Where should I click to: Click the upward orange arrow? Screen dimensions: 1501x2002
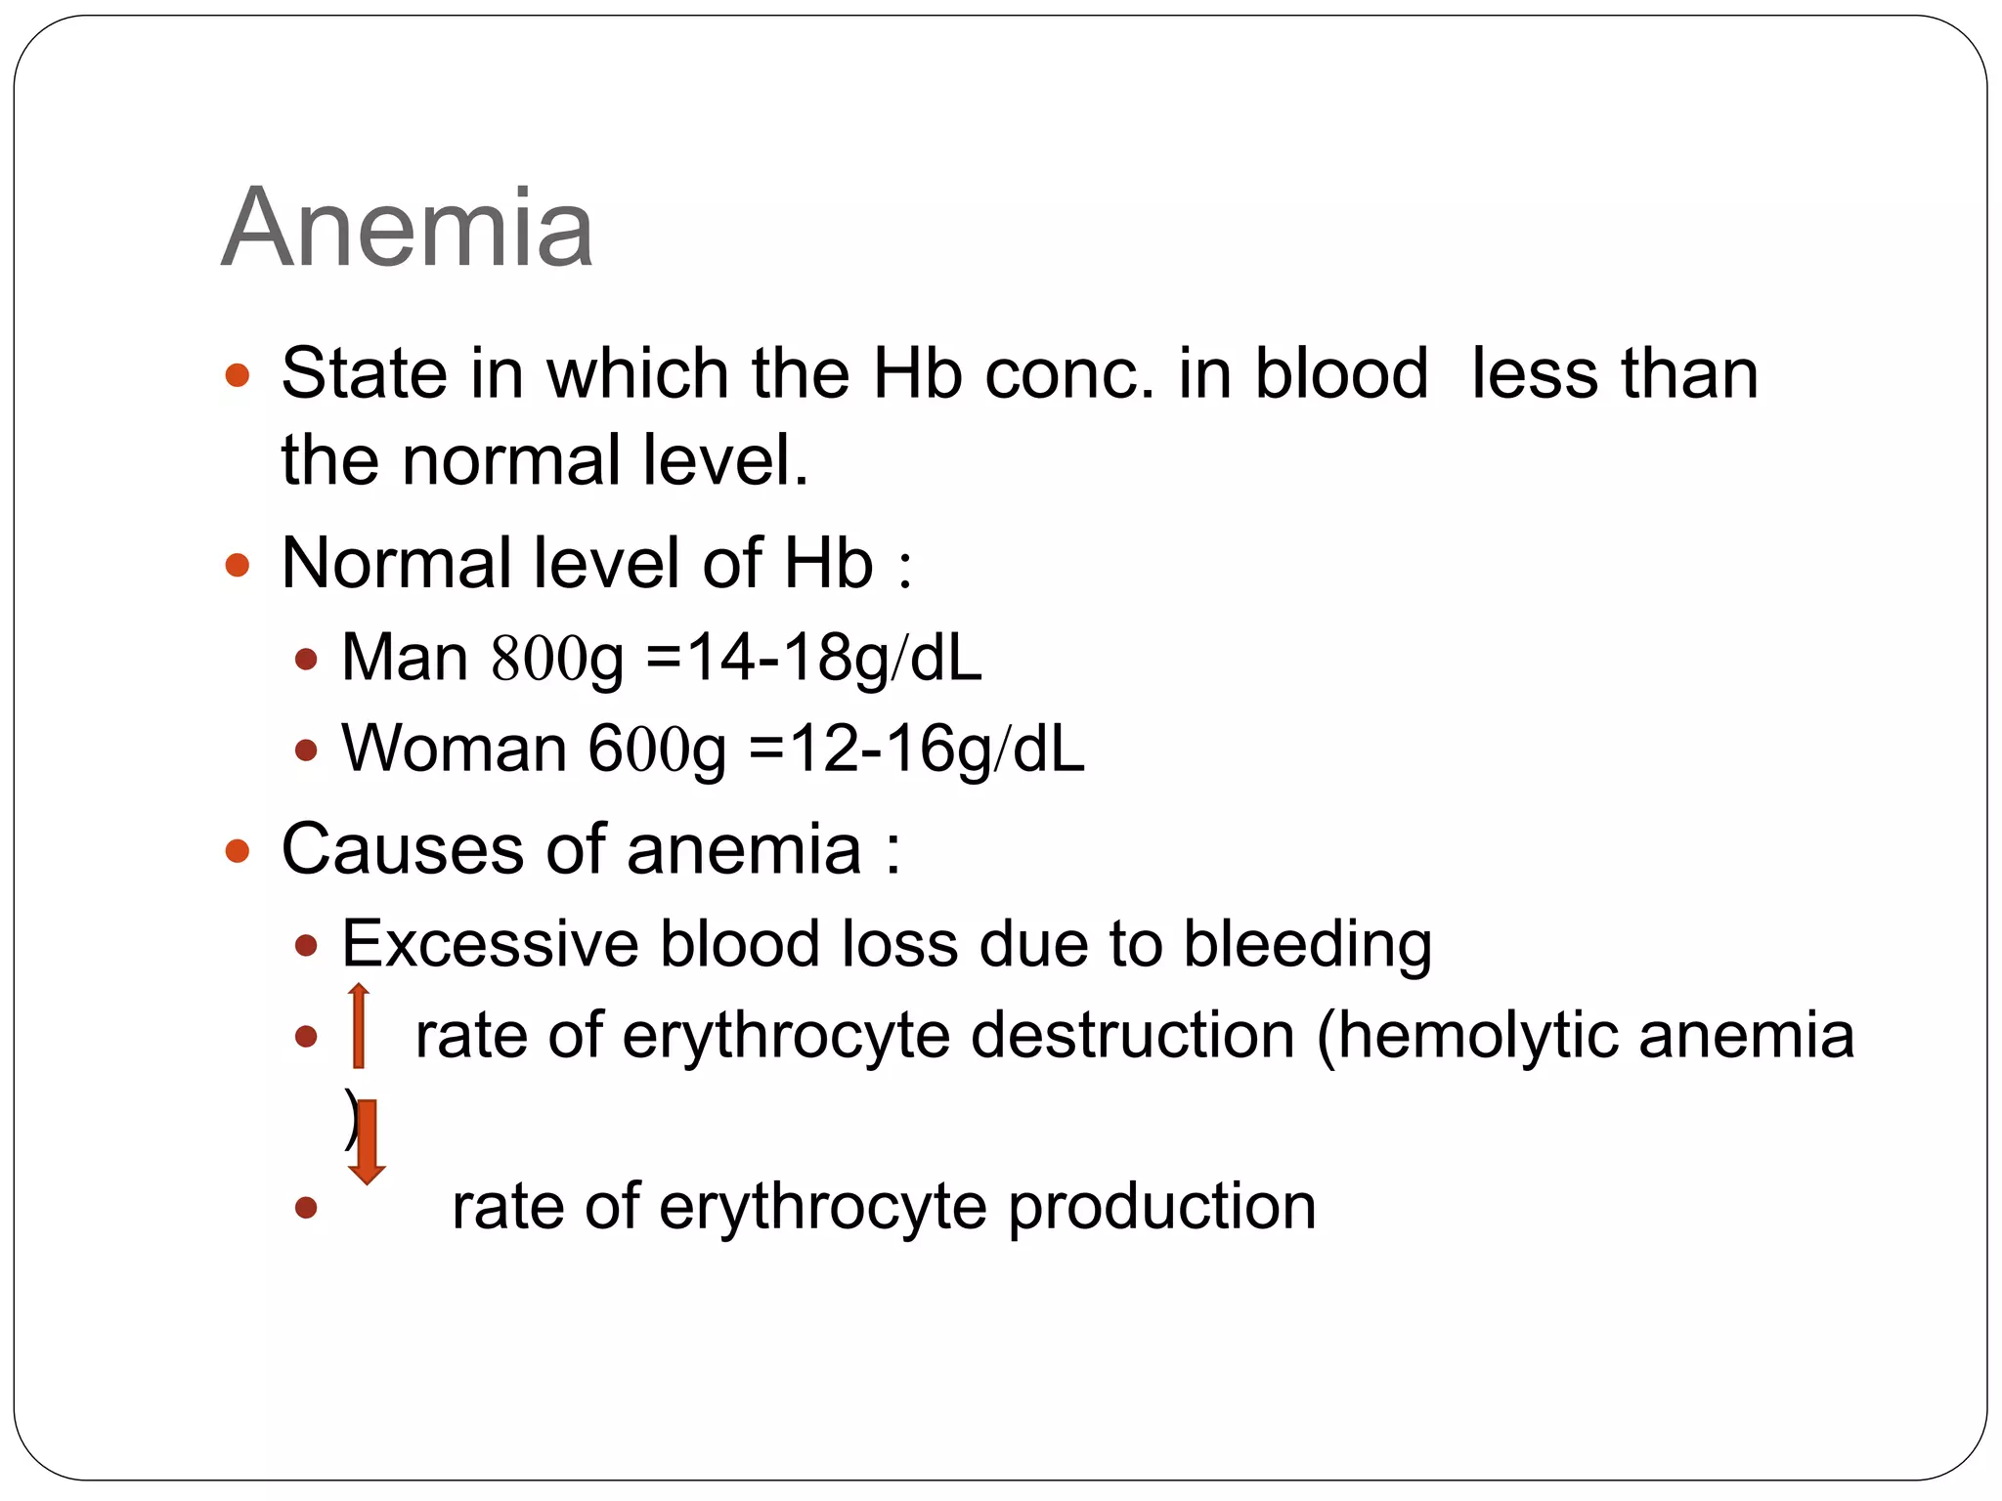[x=359, y=1026]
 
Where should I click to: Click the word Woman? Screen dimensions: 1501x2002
[x=454, y=750]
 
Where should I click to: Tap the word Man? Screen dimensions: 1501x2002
[x=405, y=658]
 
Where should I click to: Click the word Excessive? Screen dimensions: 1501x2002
[x=489, y=944]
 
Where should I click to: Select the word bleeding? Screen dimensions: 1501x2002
[x=1307, y=946]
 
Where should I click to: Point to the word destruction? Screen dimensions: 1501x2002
[x=1132, y=1036]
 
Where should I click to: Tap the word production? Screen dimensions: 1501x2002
[x=1161, y=1208]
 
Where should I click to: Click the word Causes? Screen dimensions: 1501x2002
[x=403, y=848]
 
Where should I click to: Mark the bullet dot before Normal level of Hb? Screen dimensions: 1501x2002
[x=238, y=565]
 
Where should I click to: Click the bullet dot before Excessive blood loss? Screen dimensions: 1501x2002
[x=307, y=946]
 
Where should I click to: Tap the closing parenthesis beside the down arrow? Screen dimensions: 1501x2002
[x=349, y=1120]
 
